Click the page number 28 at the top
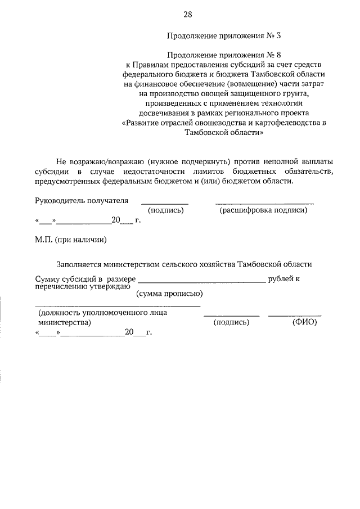pyautogui.click(x=187, y=14)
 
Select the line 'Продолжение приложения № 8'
pyautogui.click(x=223, y=55)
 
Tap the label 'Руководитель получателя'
pyautogui.click(x=82, y=200)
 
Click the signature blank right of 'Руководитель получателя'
pyautogui.click(x=164, y=203)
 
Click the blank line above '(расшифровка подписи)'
pyautogui.click(x=264, y=203)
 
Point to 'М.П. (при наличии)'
pyautogui.click(x=71, y=240)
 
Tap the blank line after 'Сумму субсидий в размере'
pyautogui.click(x=201, y=280)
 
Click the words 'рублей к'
pyautogui.click(x=284, y=278)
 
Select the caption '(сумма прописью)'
pyautogui.click(x=170, y=293)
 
